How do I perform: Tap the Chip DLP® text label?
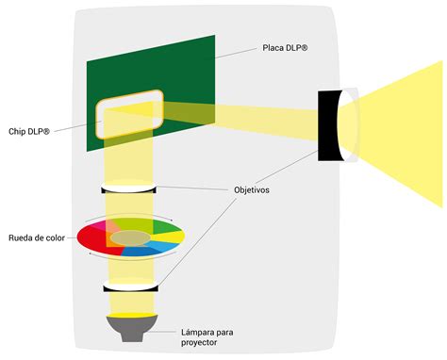click(x=32, y=131)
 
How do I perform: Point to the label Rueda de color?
click(x=36, y=237)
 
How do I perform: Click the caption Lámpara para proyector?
click(x=215, y=337)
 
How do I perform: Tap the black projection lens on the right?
click(x=333, y=124)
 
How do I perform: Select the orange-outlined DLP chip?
click(x=130, y=107)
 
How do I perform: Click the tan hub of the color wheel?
click(x=130, y=237)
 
